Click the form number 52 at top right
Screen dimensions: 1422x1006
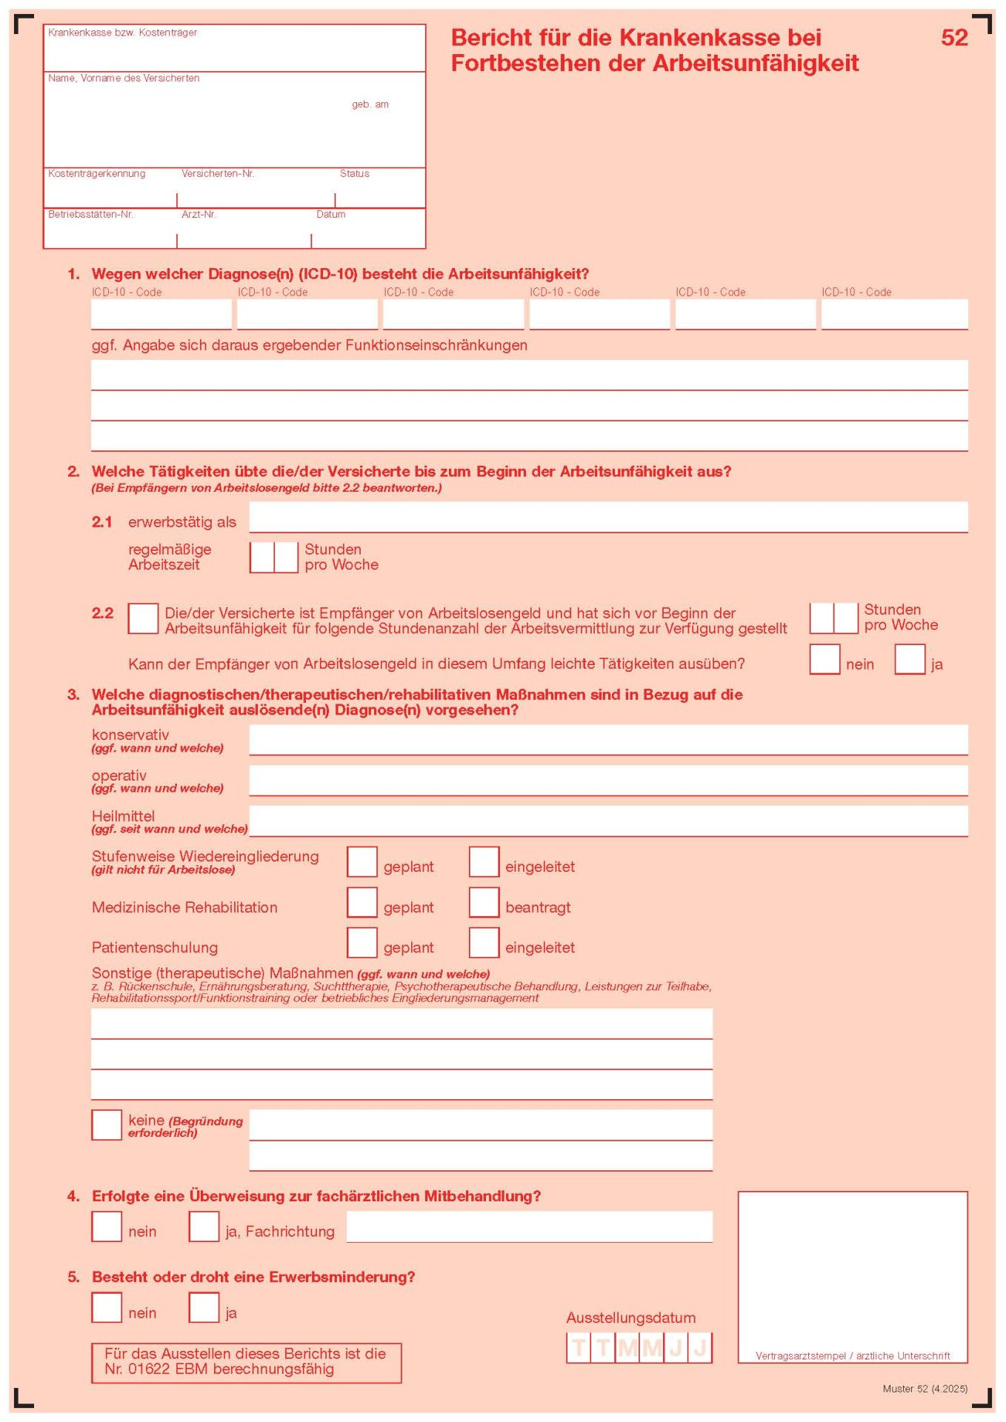pyautogui.click(x=954, y=38)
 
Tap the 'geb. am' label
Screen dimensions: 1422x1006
pyautogui.click(x=370, y=104)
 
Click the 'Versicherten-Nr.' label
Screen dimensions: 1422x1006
pyautogui.click(x=218, y=173)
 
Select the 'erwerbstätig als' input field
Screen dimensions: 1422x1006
pyautogui.click(x=607, y=517)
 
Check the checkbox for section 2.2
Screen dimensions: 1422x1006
pyautogui.click(x=143, y=618)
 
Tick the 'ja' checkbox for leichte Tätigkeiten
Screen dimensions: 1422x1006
pyautogui.click(x=910, y=659)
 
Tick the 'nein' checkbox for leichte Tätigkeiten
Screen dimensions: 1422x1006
pyautogui.click(x=825, y=659)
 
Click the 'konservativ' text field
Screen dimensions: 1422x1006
pyautogui.click(x=607, y=739)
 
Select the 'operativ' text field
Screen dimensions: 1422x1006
pyautogui.click(x=607, y=780)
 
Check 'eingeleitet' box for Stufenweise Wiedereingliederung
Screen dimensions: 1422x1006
pyautogui.click(x=484, y=862)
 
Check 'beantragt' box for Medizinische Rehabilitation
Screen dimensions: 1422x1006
pyautogui.click(x=484, y=902)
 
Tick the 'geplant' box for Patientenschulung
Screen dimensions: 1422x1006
pyautogui.click(x=362, y=943)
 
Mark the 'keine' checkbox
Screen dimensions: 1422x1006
pyautogui.click(x=107, y=1125)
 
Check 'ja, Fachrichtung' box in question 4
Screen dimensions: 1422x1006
pyautogui.click(x=204, y=1226)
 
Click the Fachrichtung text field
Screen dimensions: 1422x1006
pyautogui.click(x=529, y=1226)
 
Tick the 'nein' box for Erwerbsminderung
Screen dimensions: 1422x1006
pyautogui.click(x=107, y=1307)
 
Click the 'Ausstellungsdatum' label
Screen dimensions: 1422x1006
pyautogui.click(x=630, y=1318)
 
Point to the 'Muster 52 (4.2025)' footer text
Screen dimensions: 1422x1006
pyautogui.click(x=925, y=1389)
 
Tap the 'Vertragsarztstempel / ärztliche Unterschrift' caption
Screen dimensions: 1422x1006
pyautogui.click(x=853, y=1355)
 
